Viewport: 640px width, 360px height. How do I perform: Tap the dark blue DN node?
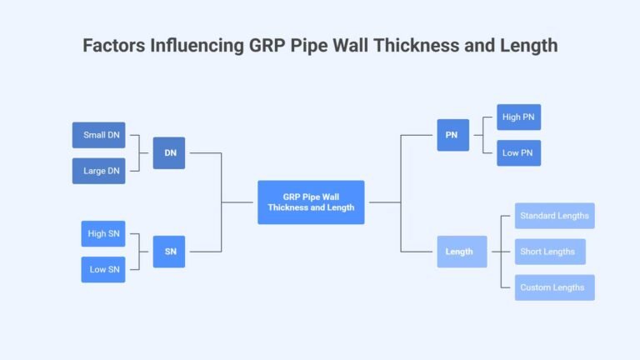[x=169, y=152]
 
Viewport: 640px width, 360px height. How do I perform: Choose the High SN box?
[x=103, y=233]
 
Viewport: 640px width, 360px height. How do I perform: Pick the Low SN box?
[x=103, y=269]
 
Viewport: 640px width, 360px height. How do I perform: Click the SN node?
[x=169, y=252]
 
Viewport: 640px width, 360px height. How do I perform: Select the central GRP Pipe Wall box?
[x=311, y=202]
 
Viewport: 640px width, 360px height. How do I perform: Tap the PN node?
[x=452, y=135]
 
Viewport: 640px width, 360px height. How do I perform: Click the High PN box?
[x=518, y=117]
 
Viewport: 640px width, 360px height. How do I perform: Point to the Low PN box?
[x=518, y=153]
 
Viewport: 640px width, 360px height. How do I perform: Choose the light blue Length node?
[x=462, y=252]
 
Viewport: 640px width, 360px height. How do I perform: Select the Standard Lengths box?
[x=554, y=216]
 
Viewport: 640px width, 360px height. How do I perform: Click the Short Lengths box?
[x=549, y=252]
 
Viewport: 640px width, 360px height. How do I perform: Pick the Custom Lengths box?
[x=554, y=287]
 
